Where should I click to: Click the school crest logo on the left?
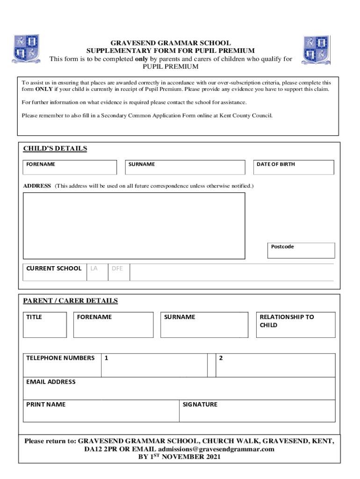pyautogui.click(x=26, y=49)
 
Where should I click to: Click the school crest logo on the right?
pyautogui.click(x=316, y=50)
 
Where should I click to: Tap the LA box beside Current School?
pyautogui.click(x=97, y=272)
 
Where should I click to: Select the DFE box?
pyautogui.click(x=119, y=272)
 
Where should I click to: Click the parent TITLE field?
pyautogui.click(x=45, y=325)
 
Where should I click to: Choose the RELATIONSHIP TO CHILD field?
pyautogui.click(x=295, y=325)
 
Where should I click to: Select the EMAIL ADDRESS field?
pyautogui.click(x=179, y=389)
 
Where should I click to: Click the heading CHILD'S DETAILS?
pyautogui.click(x=55, y=149)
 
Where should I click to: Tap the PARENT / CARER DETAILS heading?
pyautogui.click(x=71, y=301)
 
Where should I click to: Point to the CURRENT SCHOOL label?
pyautogui.click(x=54, y=269)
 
